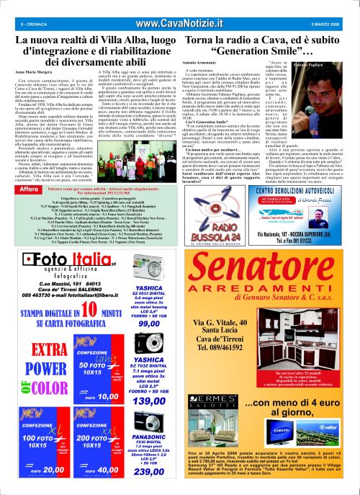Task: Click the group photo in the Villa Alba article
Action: point(140,156)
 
